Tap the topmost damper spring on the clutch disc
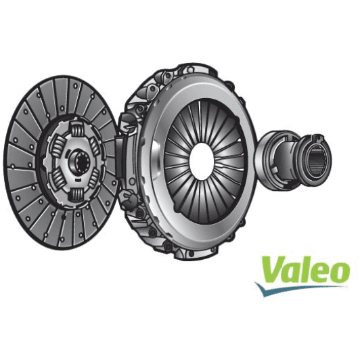click(75, 129)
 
